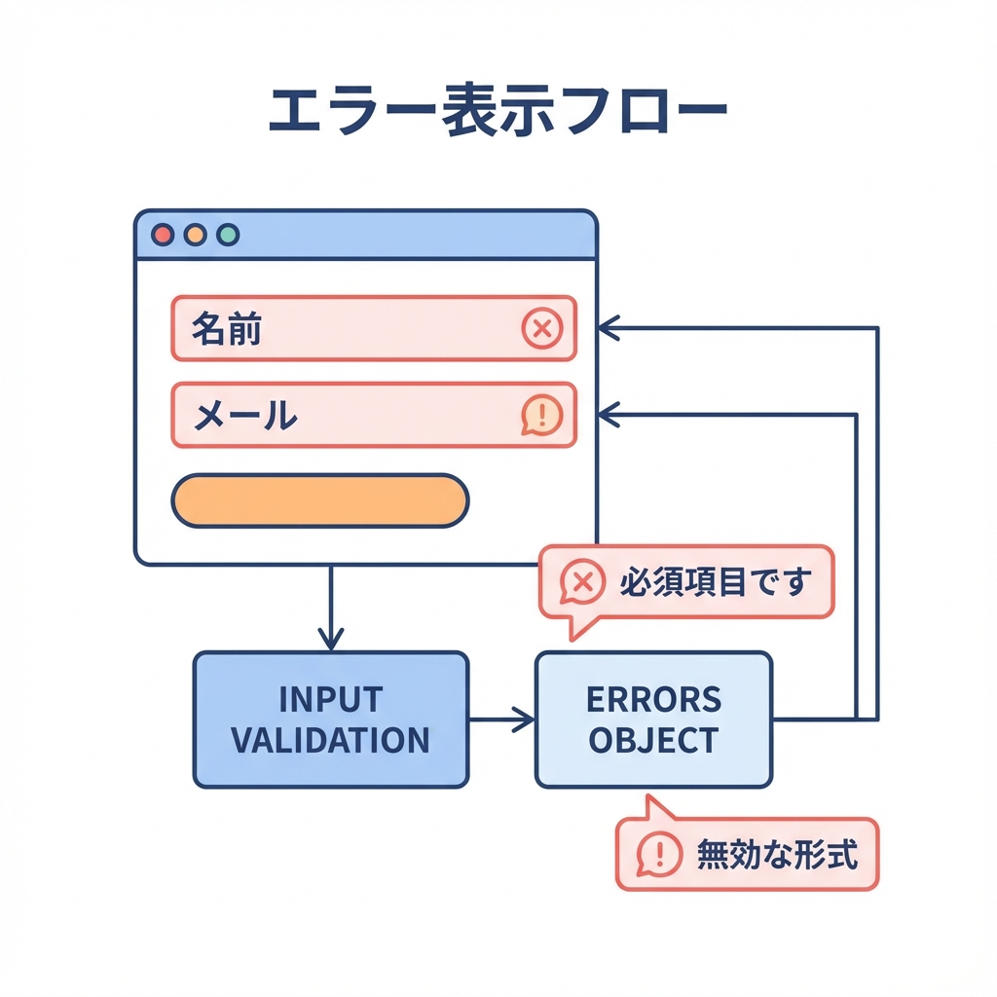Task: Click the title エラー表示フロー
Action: (498, 115)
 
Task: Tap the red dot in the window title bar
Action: (163, 235)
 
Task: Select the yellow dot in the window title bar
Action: (195, 235)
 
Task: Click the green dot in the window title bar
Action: (228, 235)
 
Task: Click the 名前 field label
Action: (226, 330)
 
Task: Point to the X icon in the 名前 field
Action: (542, 329)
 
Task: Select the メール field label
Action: (244, 416)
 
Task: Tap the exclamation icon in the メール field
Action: (542, 416)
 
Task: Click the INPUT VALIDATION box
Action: (331, 720)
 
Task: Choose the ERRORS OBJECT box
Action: (653, 720)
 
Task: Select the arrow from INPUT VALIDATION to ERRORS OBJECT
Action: (502, 720)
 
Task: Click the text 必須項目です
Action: (715, 582)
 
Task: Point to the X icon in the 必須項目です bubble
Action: (582, 582)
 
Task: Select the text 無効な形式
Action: (776, 855)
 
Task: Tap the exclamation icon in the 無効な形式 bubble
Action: (659, 855)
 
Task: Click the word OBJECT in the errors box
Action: (653, 740)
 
